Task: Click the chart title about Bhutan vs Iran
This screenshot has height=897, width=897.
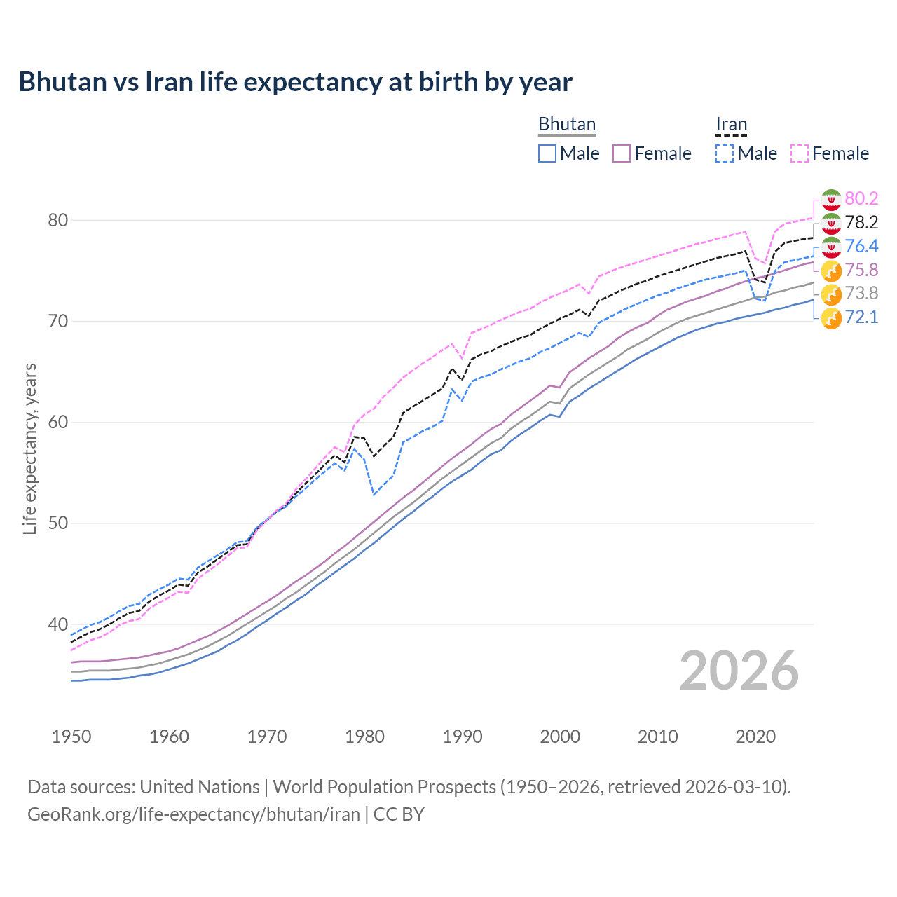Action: click(295, 82)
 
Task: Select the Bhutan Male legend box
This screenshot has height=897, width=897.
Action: click(547, 153)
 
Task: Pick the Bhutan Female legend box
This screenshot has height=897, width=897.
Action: click(622, 153)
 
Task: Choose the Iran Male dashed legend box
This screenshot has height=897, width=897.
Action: click(725, 153)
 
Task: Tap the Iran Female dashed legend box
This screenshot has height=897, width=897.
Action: click(800, 153)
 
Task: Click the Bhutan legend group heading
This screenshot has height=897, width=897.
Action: click(566, 124)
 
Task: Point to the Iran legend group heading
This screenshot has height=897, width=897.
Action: click(731, 124)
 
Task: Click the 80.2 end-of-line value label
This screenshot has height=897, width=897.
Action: click(861, 198)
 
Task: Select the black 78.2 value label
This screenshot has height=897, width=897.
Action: click(861, 222)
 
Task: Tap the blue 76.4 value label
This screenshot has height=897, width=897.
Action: click(861, 246)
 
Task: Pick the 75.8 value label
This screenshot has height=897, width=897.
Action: click(861, 270)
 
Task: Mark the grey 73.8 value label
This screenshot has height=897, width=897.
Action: click(861, 293)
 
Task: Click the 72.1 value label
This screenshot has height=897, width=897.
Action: click(861, 317)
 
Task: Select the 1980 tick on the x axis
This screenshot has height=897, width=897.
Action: click(365, 737)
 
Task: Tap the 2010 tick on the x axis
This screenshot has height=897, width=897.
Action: click(657, 737)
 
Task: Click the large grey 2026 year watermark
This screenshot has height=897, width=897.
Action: click(739, 671)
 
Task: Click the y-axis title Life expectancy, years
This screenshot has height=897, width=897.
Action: click(29, 448)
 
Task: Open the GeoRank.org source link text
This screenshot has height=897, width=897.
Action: click(193, 814)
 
